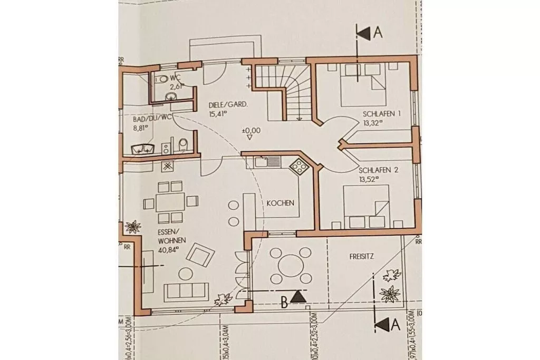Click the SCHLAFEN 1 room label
click(x=381, y=114)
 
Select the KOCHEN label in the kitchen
click(x=280, y=203)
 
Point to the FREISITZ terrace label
click(x=361, y=257)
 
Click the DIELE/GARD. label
click(x=229, y=104)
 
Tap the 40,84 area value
click(x=168, y=250)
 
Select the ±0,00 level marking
click(x=251, y=130)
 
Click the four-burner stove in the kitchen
click(x=300, y=167)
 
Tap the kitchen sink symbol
click(x=262, y=161)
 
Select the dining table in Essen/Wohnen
click(x=171, y=202)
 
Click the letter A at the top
click(x=377, y=32)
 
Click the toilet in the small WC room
click(x=163, y=79)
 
